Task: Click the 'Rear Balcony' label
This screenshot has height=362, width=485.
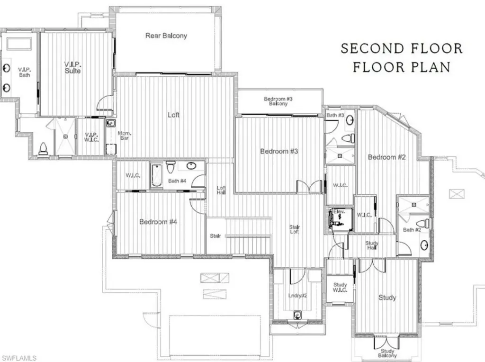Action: pos(166,36)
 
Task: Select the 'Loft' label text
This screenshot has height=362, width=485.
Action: pos(173,115)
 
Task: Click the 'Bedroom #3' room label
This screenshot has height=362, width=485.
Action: pos(279,151)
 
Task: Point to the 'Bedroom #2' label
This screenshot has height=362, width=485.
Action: pos(386,157)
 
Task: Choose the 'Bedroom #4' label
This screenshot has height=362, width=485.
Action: pos(158,222)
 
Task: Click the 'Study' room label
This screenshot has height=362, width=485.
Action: pos(387,298)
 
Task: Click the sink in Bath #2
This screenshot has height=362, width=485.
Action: pos(424,245)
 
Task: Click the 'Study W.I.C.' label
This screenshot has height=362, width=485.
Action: pos(340,288)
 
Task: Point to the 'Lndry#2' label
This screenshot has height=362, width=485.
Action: pos(298,296)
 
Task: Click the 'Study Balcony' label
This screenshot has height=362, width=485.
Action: pos(387,353)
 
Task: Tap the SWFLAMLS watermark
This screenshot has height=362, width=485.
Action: pos(19,356)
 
